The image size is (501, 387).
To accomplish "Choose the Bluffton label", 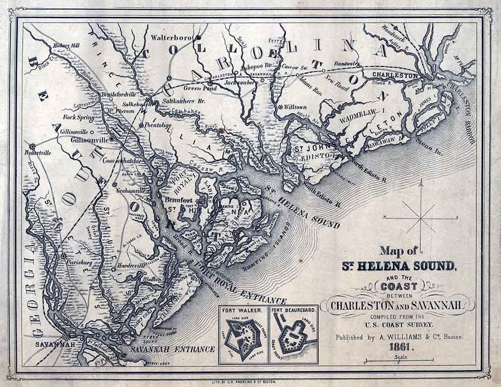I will [x=152, y=279].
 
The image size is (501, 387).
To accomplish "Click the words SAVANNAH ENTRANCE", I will [x=172, y=349].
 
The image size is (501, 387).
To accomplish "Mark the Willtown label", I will [x=295, y=107].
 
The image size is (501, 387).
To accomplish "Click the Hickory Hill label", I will [x=67, y=46].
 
